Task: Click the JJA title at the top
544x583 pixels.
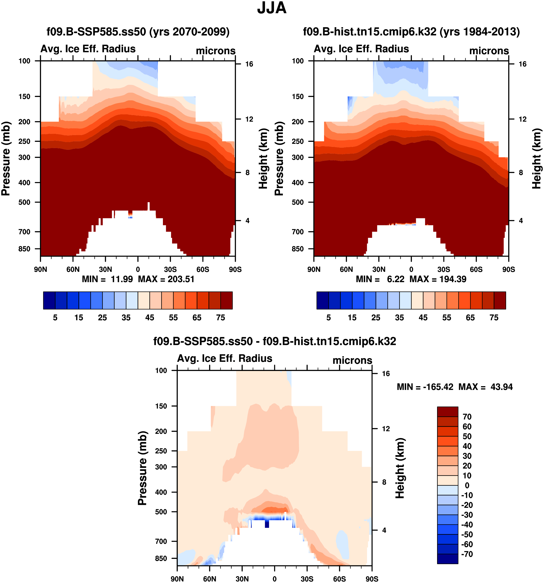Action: [272, 8]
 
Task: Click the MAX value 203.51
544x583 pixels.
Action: [181, 279]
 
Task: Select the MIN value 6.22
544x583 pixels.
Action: [396, 279]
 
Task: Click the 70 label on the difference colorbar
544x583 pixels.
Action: [467, 417]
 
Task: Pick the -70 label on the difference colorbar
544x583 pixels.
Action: [467, 554]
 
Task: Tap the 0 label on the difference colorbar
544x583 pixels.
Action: [467, 485]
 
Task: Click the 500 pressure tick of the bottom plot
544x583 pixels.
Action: [161, 512]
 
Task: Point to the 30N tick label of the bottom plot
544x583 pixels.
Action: [242, 579]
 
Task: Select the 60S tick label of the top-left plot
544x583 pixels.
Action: [203, 269]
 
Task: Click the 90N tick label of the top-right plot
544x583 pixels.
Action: [314, 269]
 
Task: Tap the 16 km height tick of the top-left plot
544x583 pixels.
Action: [249, 64]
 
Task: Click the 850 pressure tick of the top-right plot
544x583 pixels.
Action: [298, 249]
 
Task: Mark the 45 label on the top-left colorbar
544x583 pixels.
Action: [150, 318]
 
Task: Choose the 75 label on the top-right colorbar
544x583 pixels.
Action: [494, 318]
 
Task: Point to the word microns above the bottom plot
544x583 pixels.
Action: [352, 360]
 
